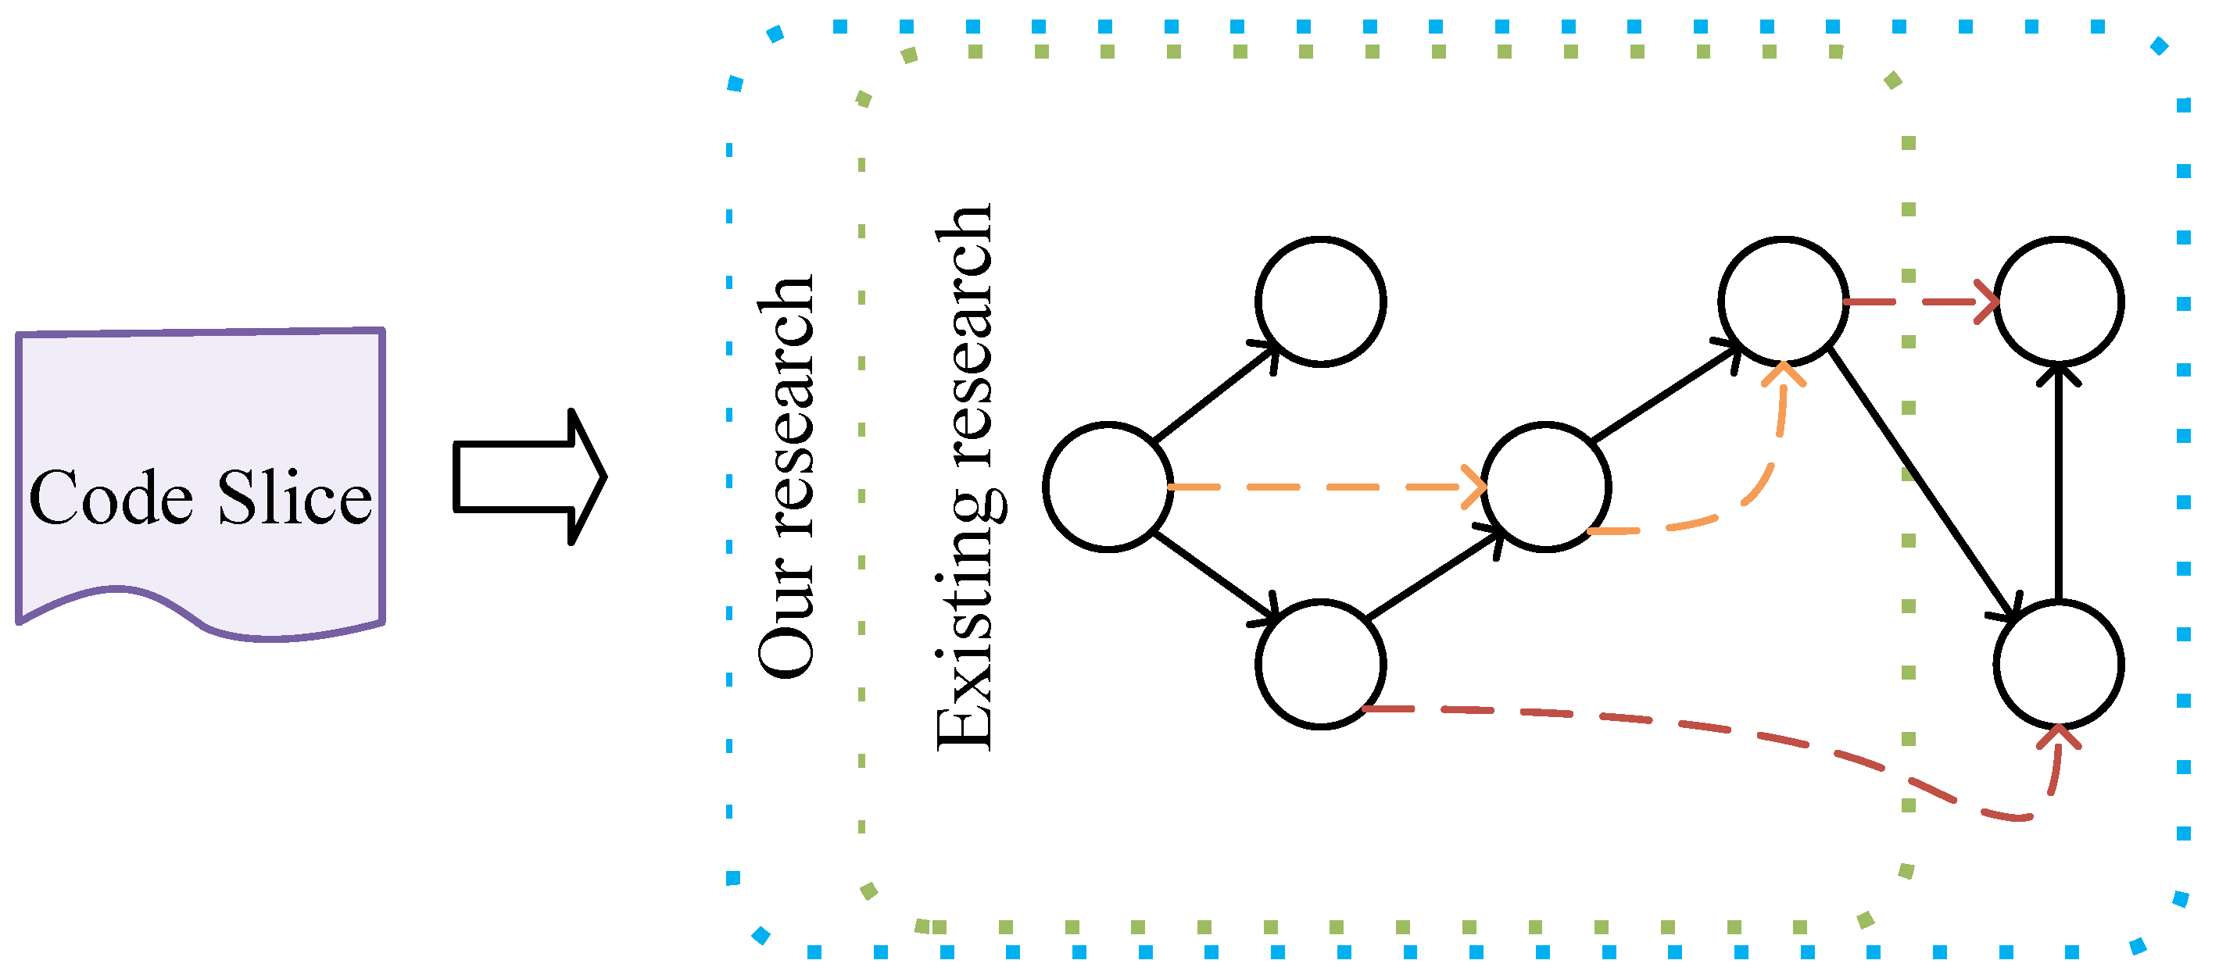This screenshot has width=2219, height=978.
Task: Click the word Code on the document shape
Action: tap(110, 498)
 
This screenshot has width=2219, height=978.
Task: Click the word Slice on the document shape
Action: tap(295, 498)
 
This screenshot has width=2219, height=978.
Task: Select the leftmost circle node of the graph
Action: tap(1108, 487)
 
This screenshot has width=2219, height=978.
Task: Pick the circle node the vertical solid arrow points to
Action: tap(2059, 302)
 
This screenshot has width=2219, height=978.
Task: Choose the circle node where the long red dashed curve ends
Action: tap(2059, 665)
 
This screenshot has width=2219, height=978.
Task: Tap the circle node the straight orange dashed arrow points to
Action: tap(1545, 487)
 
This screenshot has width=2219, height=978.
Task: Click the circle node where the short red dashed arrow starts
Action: tap(1783, 302)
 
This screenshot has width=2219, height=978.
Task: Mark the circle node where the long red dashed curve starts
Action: tap(1321, 665)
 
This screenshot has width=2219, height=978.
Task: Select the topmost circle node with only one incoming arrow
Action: tap(1321, 302)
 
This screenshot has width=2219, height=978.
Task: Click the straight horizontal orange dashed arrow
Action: tap(1326, 487)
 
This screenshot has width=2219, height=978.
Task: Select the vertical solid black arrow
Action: tap(2059, 482)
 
